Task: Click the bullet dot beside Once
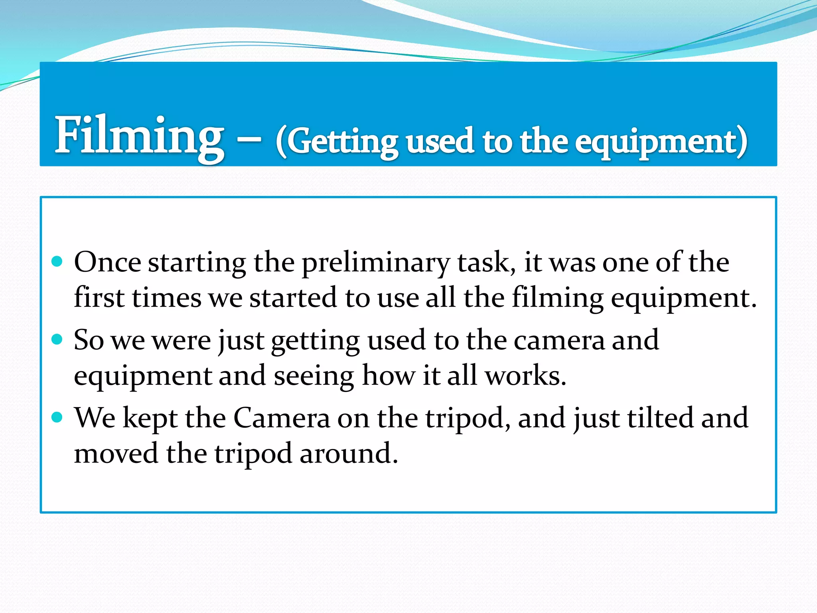click(x=57, y=262)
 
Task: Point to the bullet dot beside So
click(x=57, y=340)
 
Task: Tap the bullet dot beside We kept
click(x=57, y=417)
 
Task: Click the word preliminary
click(x=375, y=263)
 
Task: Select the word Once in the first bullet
click(x=107, y=262)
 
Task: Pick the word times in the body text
click(x=167, y=298)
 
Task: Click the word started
click(x=293, y=298)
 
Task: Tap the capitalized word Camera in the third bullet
click(x=282, y=418)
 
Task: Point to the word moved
click(x=116, y=453)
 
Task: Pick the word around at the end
click(x=348, y=453)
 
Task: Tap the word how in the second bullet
click(x=388, y=376)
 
